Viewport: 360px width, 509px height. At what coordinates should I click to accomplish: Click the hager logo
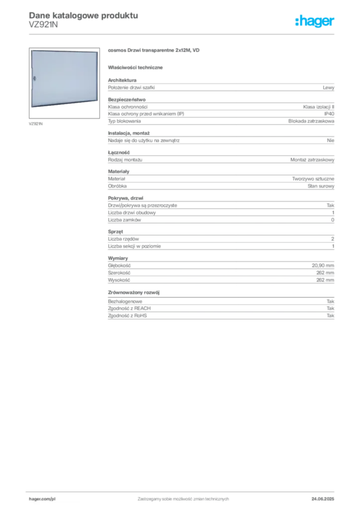[315, 21]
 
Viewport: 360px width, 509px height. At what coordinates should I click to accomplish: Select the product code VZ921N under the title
[43, 25]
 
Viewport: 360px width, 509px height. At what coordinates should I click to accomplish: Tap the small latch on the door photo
[35, 78]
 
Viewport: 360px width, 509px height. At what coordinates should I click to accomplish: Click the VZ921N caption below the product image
[36, 124]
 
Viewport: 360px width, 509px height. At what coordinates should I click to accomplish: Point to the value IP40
[329, 114]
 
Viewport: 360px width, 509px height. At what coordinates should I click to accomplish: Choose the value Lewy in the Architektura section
[328, 87]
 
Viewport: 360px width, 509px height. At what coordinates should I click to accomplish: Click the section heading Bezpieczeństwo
[127, 99]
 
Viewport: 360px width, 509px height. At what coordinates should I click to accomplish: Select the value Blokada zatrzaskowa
[311, 121]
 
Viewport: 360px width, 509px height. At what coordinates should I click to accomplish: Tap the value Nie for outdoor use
[331, 141]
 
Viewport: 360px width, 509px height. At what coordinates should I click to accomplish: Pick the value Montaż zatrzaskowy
[312, 160]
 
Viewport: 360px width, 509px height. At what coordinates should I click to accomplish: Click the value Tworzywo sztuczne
[313, 179]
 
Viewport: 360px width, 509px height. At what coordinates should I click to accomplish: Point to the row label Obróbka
[117, 186]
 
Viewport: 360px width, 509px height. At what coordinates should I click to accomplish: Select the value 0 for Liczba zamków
[333, 220]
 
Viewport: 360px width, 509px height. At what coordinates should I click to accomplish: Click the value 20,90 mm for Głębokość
[323, 265]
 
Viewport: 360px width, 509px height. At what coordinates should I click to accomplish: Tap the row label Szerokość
[119, 273]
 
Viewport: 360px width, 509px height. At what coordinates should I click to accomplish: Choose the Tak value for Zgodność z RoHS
[330, 316]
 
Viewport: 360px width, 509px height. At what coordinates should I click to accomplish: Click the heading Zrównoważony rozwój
[134, 292]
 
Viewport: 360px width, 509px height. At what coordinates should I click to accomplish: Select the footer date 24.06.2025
[323, 499]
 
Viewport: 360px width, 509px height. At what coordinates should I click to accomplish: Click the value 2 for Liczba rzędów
[333, 239]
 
